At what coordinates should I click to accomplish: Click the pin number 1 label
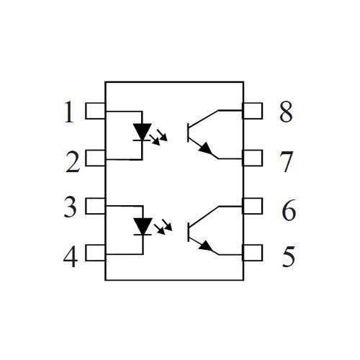click(69, 112)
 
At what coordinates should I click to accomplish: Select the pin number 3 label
click(71, 207)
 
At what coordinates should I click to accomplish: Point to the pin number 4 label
click(71, 256)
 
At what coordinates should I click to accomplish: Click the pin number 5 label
click(289, 256)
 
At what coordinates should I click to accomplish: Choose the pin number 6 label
click(289, 210)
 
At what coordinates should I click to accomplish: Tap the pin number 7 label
click(286, 162)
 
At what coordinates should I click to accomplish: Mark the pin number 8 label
click(286, 112)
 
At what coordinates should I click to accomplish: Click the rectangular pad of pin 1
click(95, 111)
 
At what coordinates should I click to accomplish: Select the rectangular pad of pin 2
click(95, 158)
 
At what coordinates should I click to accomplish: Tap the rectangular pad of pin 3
click(95, 206)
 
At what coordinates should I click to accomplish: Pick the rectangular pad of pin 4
click(95, 253)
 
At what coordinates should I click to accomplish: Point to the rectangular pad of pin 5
click(253, 253)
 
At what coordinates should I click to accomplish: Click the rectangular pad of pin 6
click(253, 206)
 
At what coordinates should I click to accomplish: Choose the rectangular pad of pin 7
click(253, 158)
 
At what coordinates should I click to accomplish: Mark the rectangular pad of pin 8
click(253, 111)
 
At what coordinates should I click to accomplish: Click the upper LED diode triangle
click(143, 131)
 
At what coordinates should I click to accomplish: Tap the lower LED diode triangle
click(143, 226)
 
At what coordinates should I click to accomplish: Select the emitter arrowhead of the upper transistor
click(206, 148)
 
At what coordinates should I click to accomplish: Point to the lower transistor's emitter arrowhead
click(206, 246)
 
